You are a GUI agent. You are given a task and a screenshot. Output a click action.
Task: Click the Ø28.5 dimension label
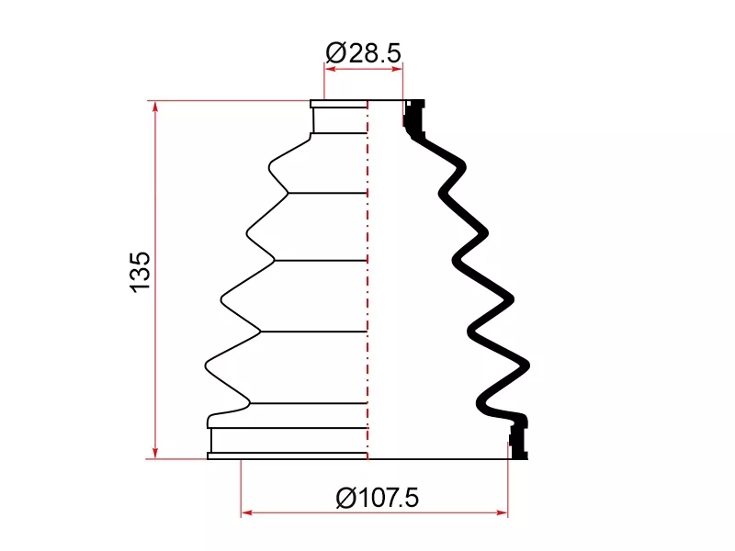tap(363, 53)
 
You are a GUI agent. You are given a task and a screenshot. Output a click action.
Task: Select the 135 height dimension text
tap(141, 273)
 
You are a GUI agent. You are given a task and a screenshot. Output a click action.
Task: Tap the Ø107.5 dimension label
tap(378, 498)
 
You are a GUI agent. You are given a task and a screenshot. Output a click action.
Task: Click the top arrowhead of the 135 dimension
tap(155, 107)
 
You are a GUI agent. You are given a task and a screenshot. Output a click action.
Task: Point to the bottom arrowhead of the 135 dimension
tap(155, 453)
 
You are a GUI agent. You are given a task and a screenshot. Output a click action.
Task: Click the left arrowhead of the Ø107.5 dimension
tap(246, 512)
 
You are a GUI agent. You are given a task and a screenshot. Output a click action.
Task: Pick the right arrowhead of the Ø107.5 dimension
tap(502, 512)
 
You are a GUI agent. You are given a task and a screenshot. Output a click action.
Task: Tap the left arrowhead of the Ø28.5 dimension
tap(330, 70)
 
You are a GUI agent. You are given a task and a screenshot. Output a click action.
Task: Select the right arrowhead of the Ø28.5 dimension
tap(397, 70)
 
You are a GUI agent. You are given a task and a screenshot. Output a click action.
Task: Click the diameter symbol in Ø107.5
tap(345, 498)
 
